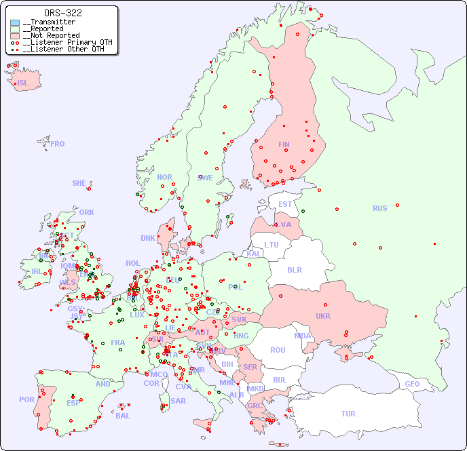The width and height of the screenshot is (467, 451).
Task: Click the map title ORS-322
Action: click(x=63, y=13)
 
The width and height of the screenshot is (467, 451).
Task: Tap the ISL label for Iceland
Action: click(x=23, y=83)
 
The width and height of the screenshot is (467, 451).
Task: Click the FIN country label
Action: click(x=284, y=144)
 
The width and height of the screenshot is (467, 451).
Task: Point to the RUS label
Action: click(x=379, y=208)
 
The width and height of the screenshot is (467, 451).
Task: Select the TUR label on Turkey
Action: click(x=348, y=414)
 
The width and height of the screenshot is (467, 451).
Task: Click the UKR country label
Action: click(x=322, y=316)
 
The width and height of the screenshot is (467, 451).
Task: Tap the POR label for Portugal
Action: click(x=26, y=399)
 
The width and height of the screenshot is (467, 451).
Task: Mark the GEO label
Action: click(x=412, y=384)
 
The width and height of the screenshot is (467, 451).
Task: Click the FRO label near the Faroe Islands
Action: click(x=58, y=144)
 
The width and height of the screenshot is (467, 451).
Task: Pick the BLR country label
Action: click(x=294, y=269)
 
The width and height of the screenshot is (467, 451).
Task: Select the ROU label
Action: click(x=278, y=350)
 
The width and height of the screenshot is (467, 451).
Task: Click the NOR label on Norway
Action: click(x=164, y=177)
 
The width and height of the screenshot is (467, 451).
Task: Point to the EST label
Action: click(x=285, y=204)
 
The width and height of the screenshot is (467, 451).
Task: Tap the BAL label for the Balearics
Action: click(x=123, y=416)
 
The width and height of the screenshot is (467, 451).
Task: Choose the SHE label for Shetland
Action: click(x=79, y=183)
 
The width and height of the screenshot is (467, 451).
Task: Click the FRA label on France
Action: click(x=118, y=342)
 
